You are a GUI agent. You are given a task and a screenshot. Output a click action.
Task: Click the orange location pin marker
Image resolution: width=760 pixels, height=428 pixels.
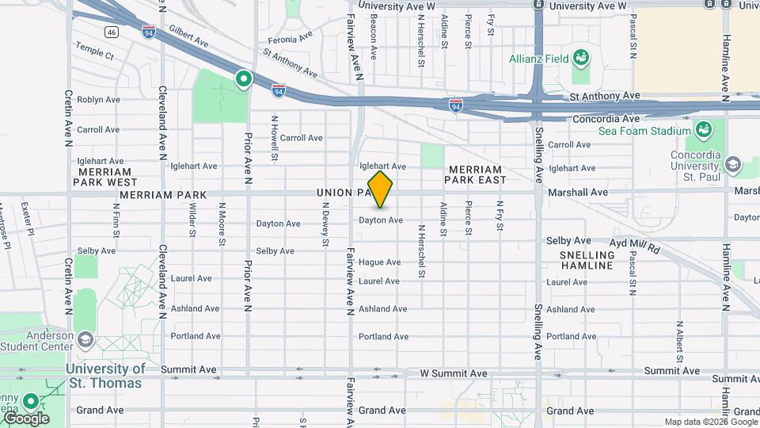(380, 189)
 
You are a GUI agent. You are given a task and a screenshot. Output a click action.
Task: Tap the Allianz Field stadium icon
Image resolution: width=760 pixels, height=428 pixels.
(581, 57)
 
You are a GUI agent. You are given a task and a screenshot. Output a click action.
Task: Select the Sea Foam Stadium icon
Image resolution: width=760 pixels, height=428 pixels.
(701, 129)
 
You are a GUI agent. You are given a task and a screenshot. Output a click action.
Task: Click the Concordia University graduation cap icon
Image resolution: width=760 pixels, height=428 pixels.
(731, 165)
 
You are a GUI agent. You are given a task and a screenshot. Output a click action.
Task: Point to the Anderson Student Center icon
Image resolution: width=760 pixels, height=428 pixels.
(85, 340)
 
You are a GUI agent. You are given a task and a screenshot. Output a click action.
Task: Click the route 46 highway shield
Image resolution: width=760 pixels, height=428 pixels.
(111, 32)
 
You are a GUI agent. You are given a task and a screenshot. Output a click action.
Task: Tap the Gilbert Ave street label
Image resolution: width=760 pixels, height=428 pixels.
(188, 38)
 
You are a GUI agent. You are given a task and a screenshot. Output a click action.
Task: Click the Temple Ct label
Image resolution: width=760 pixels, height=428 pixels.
(95, 57)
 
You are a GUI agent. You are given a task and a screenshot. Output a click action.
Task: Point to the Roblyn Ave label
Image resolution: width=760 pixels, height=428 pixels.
(98, 100)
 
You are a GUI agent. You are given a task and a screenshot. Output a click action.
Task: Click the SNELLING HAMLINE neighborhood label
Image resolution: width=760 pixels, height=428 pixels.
(587, 260)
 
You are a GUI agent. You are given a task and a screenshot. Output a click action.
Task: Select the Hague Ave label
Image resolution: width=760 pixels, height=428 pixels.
(379, 262)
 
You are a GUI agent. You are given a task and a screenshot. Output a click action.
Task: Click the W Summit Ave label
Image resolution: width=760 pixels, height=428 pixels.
(454, 373)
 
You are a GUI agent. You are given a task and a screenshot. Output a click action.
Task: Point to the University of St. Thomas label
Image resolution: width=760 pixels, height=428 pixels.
(105, 376)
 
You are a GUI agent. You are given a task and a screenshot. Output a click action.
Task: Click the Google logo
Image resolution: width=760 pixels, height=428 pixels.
(26, 418)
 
